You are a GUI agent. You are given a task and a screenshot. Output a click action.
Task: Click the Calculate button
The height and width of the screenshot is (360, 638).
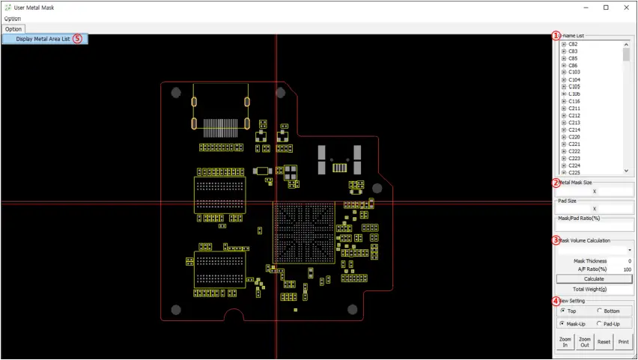tap(594, 278)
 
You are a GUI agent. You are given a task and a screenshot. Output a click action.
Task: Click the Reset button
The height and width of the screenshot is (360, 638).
tap(604, 341)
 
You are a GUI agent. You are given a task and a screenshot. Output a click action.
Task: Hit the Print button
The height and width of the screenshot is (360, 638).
tap(623, 341)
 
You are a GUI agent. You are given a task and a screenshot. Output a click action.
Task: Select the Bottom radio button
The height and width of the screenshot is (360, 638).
tap(601, 311)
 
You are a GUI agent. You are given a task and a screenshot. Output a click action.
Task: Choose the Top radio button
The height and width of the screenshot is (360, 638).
tap(563, 311)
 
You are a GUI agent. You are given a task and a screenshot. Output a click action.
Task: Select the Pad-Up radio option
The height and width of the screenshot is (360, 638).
tap(601, 323)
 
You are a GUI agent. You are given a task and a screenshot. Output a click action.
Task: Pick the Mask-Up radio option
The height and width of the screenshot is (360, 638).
tap(563, 323)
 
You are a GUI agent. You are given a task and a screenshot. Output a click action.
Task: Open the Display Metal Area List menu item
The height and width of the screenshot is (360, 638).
tap(43, 39)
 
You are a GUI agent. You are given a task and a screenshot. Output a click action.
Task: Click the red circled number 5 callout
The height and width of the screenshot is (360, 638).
tap(78, 39)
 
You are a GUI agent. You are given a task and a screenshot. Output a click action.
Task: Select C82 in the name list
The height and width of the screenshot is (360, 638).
tap(573, 44)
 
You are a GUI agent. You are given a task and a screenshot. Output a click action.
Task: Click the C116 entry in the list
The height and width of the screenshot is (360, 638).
tap(574, 101)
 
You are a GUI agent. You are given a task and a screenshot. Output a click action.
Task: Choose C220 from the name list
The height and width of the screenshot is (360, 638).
tap(574, 137)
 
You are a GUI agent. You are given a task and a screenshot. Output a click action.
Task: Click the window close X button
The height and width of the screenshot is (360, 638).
tap(626, 7)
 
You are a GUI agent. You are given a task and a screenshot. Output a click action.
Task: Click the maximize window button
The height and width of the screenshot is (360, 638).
tap(606, 7)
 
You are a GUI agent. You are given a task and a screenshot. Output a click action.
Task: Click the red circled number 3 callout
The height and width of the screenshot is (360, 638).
tap(556, 240)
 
